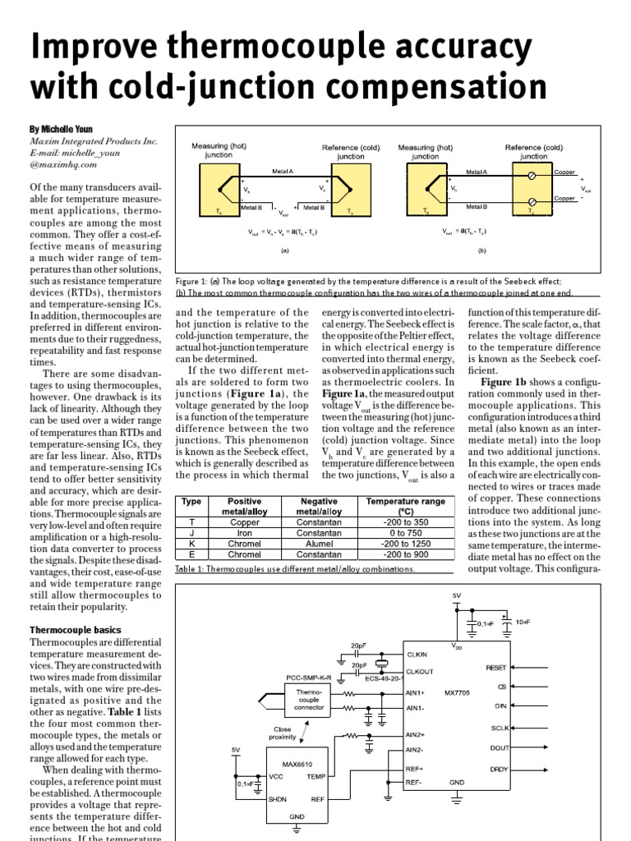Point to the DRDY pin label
pyautogui.click(x=498, y=769)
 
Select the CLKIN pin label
pyautogui.click(x=417, y=654)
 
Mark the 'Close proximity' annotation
pyautogui.click(x=283, y=732)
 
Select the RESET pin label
pyautogui.click(x=497, y=668)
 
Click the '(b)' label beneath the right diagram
pyautogui.click(x=482, y=250)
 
